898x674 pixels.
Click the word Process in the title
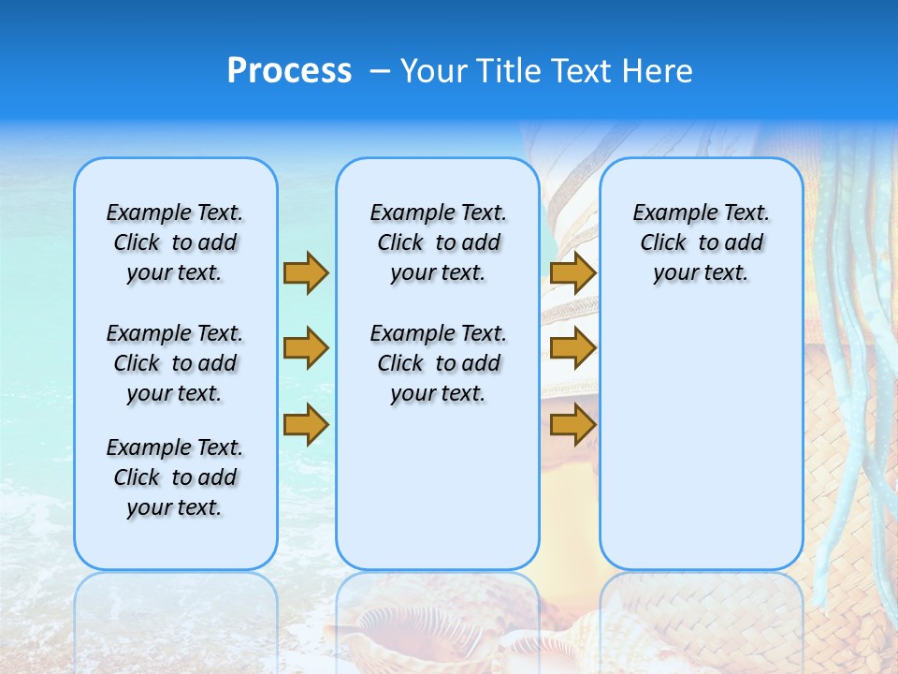click(x=289, y=71)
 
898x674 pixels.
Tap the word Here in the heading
click(x=659, y=71)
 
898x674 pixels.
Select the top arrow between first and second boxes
click(x=305, y=272)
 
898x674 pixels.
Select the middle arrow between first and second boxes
click(x=305, y=348)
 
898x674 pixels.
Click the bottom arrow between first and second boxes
click(x=305, y=425)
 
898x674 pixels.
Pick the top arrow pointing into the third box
click(x=572, y=272)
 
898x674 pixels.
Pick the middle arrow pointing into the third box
click(x=572, y=348)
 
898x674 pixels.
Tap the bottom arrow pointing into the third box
click(x=572, y=425)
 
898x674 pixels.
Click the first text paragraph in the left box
click(x=175, y=242)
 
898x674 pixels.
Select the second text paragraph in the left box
click(x=175, y=363)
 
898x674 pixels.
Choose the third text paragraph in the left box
click(x=175, y=477)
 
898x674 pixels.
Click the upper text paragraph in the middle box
click(x=438, y=242)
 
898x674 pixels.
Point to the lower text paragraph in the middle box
click(x=438, y=363)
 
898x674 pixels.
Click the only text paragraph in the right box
click(x=701, y=242)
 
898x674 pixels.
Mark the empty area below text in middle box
click(x=438, y=487)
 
